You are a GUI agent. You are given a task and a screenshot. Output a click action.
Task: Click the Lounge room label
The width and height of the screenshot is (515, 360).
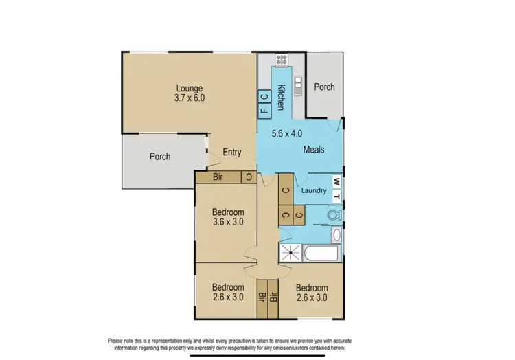tap(190, 87)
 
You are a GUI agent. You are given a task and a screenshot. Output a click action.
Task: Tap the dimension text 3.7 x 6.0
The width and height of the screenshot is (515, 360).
tap(190, 98)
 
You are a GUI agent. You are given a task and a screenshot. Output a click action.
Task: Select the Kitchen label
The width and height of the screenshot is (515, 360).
tap(281, 96)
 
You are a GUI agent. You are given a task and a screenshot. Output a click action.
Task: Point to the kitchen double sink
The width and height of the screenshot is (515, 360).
tap(298, 85)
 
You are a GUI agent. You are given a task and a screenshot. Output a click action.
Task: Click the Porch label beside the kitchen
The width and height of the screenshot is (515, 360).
tap(324, 87)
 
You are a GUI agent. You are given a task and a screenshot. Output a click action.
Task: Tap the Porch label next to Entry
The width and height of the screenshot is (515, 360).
tap(160, 157)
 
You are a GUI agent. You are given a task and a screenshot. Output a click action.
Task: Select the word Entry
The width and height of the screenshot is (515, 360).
tap(232, 153)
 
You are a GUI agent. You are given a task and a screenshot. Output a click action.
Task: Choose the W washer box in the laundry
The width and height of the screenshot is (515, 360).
tap(336, 181)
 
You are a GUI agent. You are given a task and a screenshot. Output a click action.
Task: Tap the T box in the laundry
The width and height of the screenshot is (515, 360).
tap(336, 195)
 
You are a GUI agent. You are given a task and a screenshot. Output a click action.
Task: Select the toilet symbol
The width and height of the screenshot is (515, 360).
tap(333, 216)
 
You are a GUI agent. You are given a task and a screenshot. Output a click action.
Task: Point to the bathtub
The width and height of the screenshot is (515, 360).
tap(321, 254)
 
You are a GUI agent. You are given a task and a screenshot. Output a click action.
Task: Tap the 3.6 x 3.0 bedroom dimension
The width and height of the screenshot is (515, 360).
tap(228, 222)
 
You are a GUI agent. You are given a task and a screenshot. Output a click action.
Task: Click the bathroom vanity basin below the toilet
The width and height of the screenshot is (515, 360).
tap(336, 236)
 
